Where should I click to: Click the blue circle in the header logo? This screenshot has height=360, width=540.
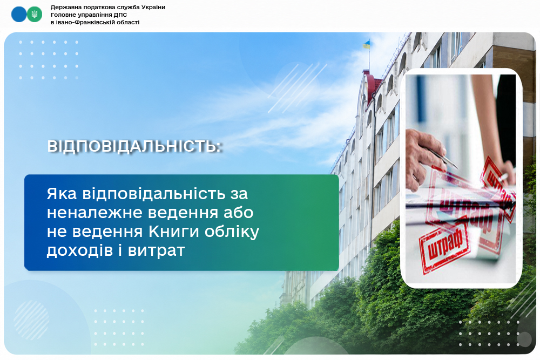[x=18, y=15]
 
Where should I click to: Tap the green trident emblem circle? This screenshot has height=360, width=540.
[x=35, y=15]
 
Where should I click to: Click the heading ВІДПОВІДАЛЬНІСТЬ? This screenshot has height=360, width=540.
[x=134, y=146]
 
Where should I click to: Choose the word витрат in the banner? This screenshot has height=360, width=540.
[x=157, y=251]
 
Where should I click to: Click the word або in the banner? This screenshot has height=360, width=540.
[x=238, y=212]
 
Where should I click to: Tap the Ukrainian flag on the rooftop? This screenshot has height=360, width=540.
[x=367, y=44]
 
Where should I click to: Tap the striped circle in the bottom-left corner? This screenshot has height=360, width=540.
[x=31, y=320]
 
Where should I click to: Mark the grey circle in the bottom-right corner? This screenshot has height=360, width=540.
[x=524, y=339]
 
